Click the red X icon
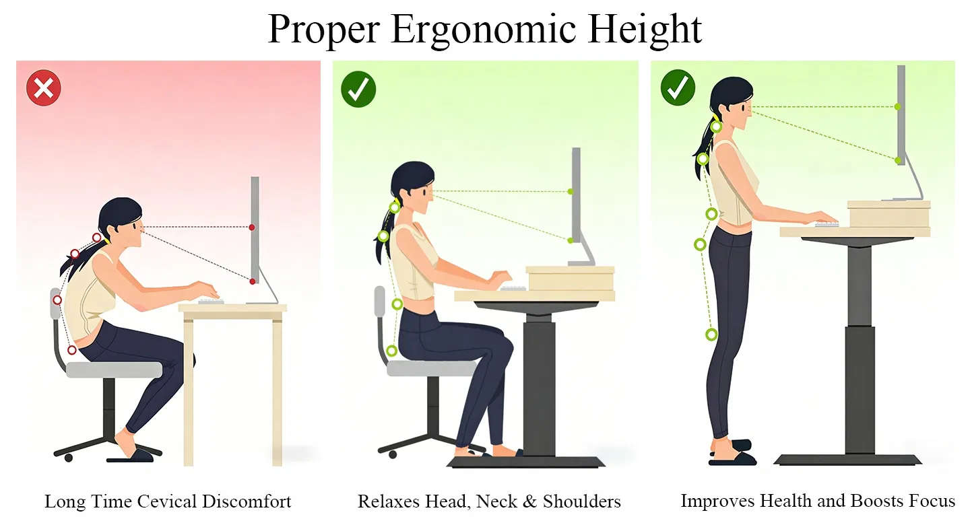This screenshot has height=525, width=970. pos(43,88)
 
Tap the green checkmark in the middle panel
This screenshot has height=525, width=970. pos(358,90)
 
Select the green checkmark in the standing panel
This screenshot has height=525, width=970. pos(678,87)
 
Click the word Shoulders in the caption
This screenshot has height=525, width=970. pos(581,501)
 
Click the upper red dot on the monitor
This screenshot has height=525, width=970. pos(252,228)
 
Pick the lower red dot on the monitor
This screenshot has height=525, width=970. pos(253,282)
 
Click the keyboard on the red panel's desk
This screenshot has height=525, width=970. pos(211,302)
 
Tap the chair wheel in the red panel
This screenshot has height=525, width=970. pos(69,458)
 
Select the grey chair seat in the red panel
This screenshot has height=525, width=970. pos(115,370)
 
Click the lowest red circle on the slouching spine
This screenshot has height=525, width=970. pos(72,350)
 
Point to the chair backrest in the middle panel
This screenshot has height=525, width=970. pos(379,301)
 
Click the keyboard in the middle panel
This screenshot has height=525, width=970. pos(513,288)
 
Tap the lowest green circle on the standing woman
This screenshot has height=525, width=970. pos(711,335)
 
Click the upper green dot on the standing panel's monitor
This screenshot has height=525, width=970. pos(897,106)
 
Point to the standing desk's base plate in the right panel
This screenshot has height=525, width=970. pos(847,460)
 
